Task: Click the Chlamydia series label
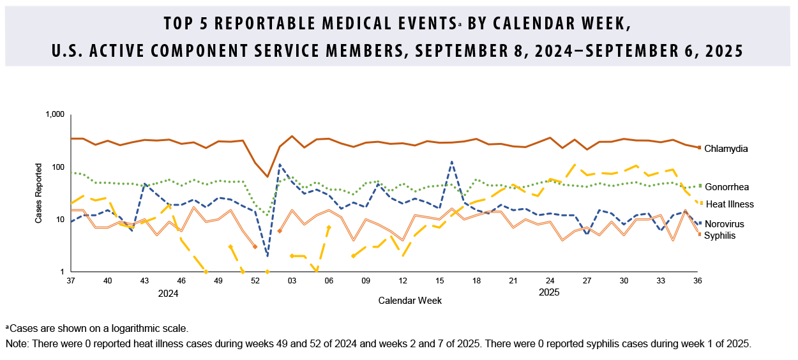(x=726, y=149)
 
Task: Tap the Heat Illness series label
(x=729, y=204)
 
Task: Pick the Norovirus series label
(x=725, y=224)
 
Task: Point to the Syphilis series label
(x=721, y=236)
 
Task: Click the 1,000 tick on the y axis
(x=54, y=115)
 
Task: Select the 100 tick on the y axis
(x=57, y=167)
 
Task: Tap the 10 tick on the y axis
(x=59, y=220)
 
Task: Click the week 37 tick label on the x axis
(x=71, y=281)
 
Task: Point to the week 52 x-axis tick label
(x=255, y=281)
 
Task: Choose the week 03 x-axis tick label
(x=292, y=281)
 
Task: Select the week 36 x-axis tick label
(x=698, y=281)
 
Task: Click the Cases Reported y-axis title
(x=39, y=193)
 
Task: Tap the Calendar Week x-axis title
(x=409, y=300)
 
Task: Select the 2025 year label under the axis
(x=549, y=293)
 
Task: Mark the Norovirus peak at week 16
(x=451, y=161)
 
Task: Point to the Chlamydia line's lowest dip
(x=267, y=177)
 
